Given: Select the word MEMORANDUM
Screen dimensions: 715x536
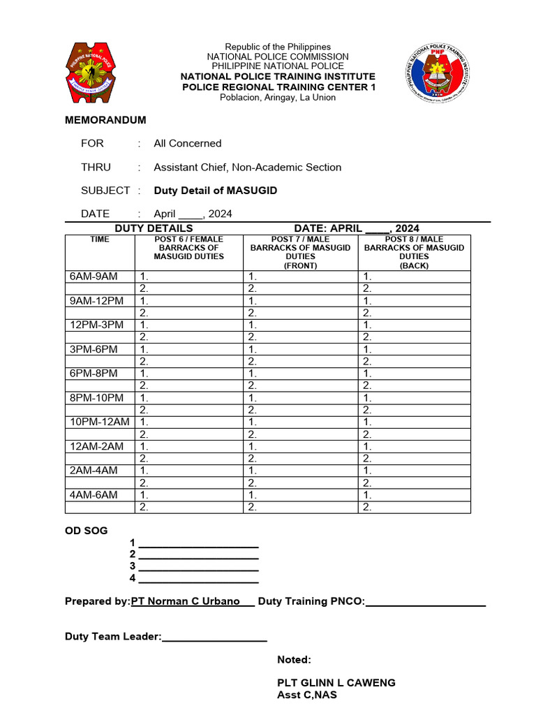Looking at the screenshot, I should point(105,120).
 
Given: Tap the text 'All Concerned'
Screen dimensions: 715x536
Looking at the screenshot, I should point(187,143).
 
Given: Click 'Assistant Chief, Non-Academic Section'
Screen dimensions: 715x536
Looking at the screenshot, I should point(247,167).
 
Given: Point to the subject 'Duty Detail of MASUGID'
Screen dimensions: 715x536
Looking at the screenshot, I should point(215,191).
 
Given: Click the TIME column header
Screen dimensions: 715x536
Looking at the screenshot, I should point(100,239).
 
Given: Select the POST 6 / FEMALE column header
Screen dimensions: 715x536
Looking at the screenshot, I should point(188,248).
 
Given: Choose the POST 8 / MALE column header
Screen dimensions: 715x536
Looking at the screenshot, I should point(414,252).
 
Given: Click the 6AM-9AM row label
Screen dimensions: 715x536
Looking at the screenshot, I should point(94,277).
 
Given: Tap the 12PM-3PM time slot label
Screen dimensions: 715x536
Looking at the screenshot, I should point(96,325).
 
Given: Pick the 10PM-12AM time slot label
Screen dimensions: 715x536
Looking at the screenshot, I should point(100,422).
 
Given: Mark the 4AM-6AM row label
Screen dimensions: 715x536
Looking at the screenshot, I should point(94,494).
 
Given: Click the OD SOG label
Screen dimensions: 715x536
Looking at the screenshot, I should point(86,531).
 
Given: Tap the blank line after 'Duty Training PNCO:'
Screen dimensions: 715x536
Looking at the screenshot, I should point(425,602).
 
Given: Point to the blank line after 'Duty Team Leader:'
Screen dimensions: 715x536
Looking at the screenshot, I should point(214,637).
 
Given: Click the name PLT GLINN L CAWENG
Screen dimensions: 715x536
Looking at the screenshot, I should point(336,683).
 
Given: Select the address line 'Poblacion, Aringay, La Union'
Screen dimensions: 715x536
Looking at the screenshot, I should point(278,97).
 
